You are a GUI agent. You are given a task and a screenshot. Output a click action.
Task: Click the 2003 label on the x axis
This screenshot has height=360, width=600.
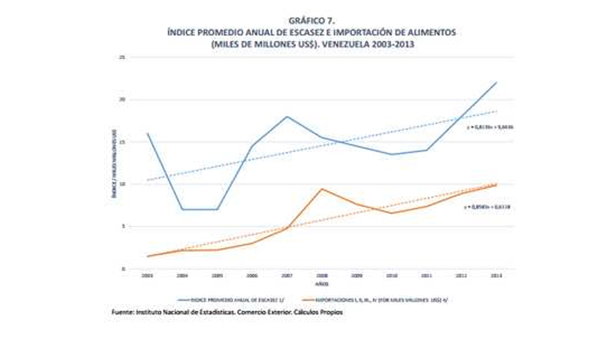[x=148, y=275]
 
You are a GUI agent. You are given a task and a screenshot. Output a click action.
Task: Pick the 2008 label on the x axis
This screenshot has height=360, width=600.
[x=322, y=275]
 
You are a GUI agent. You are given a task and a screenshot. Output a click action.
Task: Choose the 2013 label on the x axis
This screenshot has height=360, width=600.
[x=495, y=275]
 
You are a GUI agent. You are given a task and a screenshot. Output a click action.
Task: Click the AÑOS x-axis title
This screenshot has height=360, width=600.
[x=322, y=282]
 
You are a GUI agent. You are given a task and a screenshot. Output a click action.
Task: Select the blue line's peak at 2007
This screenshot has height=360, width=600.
[x=286, y=117]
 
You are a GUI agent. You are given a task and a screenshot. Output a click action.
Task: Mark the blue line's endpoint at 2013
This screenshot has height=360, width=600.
[x=496, y=82]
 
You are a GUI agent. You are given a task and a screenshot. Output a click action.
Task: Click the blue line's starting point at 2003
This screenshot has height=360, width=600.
[x=148, y=134]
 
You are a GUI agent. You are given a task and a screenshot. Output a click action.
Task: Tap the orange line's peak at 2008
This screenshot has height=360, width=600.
[x=322, y=189]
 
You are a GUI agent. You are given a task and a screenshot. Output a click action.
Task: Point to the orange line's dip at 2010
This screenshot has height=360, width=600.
[x=391, y=213]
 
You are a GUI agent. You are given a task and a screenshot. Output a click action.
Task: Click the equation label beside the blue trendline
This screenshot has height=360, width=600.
[x=489, y=126]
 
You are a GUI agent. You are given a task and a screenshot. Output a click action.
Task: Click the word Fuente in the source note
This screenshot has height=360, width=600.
[x=125, y=312]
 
